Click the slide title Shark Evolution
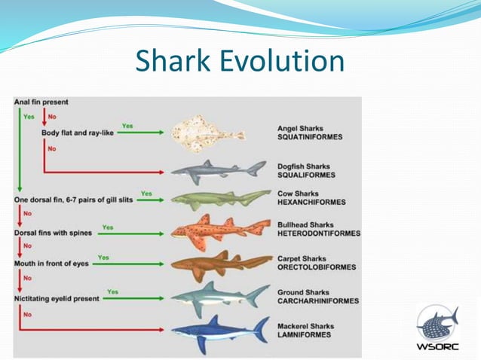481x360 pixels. click(x=240, y=61)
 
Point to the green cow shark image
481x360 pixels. click(x=219, y=199)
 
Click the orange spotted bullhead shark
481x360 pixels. click(x=219, y=230)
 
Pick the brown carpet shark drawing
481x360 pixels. click(x=219, y=263)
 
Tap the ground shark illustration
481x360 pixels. click(x=219, y=294)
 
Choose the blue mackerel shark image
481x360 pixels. click(x=219, y=329)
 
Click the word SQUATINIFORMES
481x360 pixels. click(x=310, y=138)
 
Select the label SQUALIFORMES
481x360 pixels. click(x=305, y=175)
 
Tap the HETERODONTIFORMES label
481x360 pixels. click(x=319, y=233)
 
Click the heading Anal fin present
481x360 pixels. click(x=41, y=102)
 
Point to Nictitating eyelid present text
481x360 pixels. click(x=56, y=298)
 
